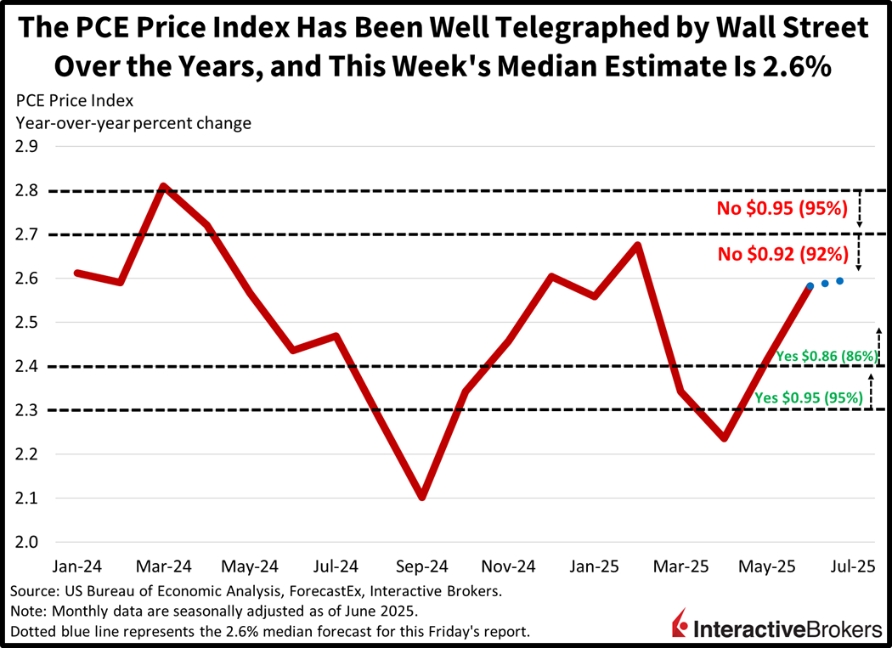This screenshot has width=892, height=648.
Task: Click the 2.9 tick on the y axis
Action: coord(25,146)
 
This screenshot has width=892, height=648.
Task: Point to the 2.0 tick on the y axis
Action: coord(25,542)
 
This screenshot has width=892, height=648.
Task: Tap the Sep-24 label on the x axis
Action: coord(422,566)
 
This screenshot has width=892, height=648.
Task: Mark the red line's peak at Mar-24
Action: coord(163,186)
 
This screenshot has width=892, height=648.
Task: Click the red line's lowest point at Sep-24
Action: coord(422,497)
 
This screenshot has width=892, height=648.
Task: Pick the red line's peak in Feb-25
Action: coord(637,245)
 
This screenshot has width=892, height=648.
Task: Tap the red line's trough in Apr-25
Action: coord(723,438)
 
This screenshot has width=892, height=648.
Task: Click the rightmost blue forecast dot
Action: coord(839,281)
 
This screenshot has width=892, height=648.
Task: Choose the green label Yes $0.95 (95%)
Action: coord(809,397)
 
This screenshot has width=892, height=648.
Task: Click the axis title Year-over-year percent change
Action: coord(133,122)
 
